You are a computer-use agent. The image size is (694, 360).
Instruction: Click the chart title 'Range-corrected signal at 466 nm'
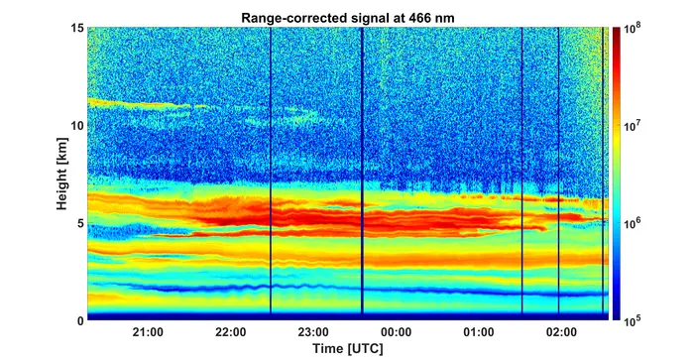(347, 18)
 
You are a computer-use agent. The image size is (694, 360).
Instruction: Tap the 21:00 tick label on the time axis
(148, 331)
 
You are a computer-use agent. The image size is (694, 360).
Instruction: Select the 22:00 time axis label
(231, 331)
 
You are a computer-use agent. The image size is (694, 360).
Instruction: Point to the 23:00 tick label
(313, 331)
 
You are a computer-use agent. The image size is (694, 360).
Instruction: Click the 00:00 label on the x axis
(397, 331)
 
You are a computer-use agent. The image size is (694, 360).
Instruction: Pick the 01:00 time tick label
(479, 331)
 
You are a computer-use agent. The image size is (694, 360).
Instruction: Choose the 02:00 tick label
(562, 331)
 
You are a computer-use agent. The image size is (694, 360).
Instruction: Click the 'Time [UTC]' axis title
(348, 348)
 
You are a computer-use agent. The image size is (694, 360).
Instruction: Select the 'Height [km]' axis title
(61, 174)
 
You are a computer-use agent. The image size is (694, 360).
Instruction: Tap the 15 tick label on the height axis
(77, 28)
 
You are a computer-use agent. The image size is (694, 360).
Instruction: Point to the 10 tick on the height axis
(77, 125)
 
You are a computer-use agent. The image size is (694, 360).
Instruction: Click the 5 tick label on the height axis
(80, 223)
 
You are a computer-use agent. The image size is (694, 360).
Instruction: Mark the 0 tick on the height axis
(80, 320)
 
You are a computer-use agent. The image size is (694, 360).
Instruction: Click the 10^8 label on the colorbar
(633, 29)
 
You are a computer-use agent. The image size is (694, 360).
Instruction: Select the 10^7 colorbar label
(633, 127)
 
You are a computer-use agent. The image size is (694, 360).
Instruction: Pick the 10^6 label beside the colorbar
(633, 224)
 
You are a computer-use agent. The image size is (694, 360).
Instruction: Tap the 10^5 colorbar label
(633, 321)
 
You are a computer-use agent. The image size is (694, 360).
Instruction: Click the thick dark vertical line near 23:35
(362, 171)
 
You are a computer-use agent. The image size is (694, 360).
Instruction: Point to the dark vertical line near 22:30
(271, 171)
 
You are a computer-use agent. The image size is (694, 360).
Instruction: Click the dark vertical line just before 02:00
(558, 171)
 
